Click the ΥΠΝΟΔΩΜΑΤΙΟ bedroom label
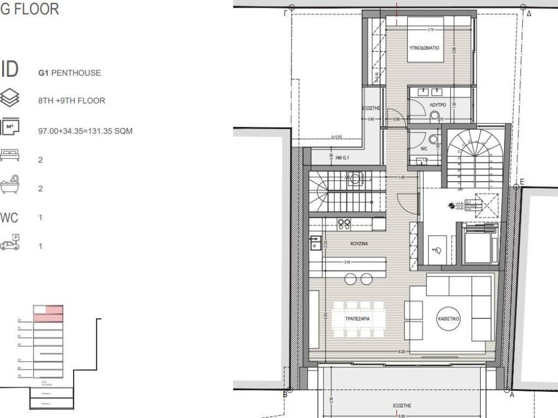click(424, 48)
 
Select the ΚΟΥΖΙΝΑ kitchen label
click(359, 244)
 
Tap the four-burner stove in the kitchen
click(344, 224)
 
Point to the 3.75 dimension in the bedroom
click(430, 30)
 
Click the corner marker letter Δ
click(529, 14)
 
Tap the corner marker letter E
click(521, 181)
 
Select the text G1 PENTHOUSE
click(69, 72)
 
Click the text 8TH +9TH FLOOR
click(71, 101)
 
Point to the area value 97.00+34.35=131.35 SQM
click(85, 131)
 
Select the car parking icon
click(10, 243)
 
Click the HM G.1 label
click(342, 158)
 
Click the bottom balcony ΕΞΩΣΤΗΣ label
click(402, 405)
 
